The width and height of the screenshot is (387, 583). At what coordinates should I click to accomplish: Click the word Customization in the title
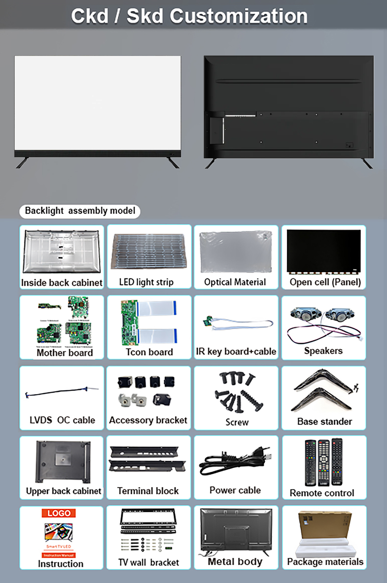[x=238, y=16]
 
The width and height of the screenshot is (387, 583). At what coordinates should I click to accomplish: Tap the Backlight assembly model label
[x=80, y=211]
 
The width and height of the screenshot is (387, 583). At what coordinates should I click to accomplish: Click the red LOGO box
[x=59, y=513]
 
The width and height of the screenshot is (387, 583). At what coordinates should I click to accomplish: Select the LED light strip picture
[x=149, y=252]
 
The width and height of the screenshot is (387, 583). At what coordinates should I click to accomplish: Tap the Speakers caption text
[x=323, y=351]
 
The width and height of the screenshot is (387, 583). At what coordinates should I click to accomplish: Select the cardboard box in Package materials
[x=325, y=524]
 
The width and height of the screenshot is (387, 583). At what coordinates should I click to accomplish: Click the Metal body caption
[x=235, y=562]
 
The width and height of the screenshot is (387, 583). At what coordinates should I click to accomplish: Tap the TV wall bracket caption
[x=149, y=562]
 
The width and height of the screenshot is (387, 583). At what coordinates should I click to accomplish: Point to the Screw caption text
[x=237, y=422]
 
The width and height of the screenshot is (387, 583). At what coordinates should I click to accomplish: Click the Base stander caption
[x=325, y=422]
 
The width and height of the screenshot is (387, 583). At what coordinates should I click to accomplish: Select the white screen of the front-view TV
[x=98, y=103]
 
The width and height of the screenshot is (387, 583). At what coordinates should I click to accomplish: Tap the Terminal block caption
[x=148, y=491]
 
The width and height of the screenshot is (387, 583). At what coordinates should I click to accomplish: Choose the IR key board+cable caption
[x=236, y=352]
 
